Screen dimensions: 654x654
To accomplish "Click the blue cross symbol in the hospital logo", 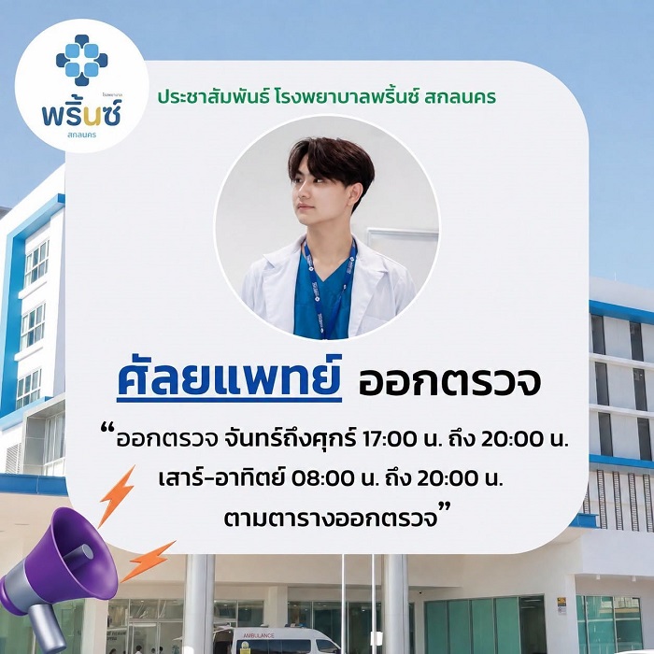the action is (82, 60).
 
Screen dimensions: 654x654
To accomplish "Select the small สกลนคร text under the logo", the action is (82, 135).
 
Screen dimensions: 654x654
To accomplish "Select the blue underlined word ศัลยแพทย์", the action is (230, 378).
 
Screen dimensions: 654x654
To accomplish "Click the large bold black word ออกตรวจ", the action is (449, 381).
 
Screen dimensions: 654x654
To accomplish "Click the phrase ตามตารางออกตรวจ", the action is (331, 518).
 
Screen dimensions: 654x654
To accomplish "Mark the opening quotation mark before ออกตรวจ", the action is (108, 428).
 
